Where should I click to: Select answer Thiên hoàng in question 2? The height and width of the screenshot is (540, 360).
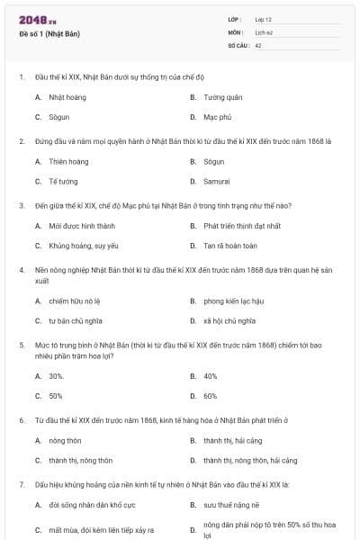click(x=68, y=161)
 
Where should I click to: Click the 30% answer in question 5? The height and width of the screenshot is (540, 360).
click(x=56, y=375)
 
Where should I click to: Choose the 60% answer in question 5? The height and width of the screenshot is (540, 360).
click(x=210, y=396)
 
